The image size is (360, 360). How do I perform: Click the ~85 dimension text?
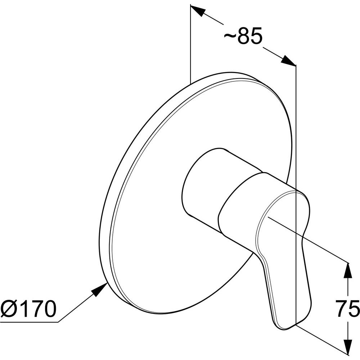click(x=243, y=36)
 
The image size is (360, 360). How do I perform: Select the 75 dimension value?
click(x=347, y=309)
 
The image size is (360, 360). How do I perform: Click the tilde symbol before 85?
click(x=230, y=36)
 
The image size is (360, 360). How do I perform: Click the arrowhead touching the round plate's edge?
click(x=100, y=289)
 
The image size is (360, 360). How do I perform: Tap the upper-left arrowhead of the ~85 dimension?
click(x=197, y=10)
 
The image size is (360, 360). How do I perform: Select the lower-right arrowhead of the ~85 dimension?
click(x=289, y=60)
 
